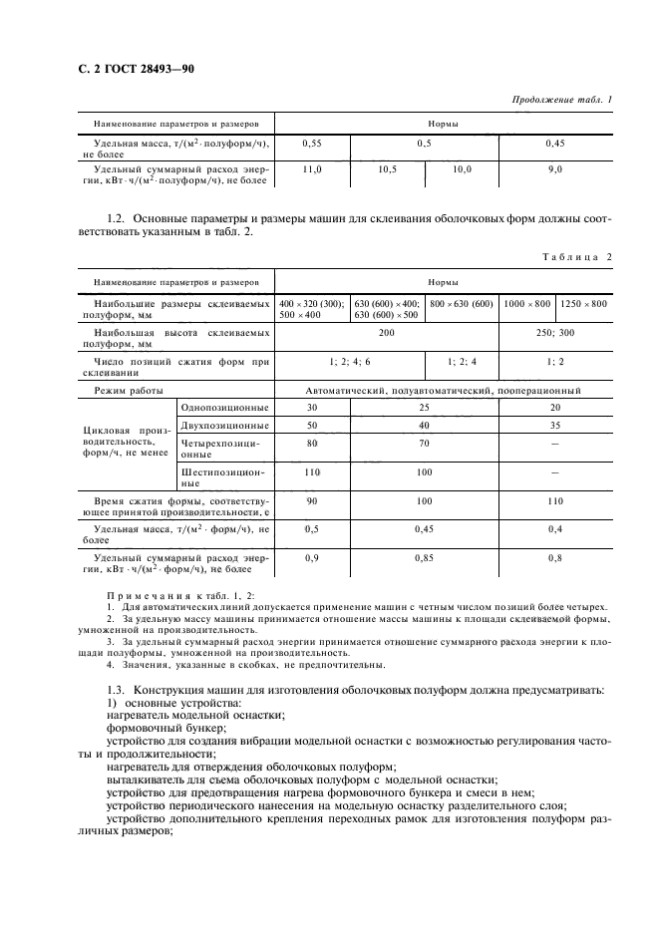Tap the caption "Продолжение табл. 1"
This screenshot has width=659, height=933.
tap(561, 100)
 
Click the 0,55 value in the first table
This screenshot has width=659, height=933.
tap(311, 144)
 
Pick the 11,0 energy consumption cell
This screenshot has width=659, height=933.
tap(311, 170)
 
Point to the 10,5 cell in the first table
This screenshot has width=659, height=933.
tap(387, 170)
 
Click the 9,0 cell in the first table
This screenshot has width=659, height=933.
tap(555, 170)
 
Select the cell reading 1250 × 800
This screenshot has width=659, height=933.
tap(583, 303)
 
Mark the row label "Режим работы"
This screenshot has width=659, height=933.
tap(130, 391)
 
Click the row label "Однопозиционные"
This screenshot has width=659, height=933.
tap(223, 408)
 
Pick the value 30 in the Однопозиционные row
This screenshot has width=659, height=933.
tap(311, 408)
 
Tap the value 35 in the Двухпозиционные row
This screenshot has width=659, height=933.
tap(555, 425)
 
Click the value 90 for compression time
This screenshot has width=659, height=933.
tap(311, 501)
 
